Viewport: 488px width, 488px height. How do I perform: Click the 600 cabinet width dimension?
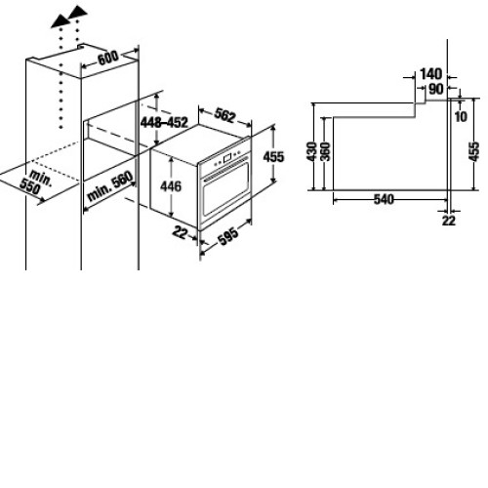pos(108,59)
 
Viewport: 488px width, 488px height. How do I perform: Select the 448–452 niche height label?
pos(164,122)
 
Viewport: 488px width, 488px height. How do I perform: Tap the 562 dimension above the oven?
pos(224,115)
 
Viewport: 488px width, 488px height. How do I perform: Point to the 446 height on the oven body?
pos(171,186)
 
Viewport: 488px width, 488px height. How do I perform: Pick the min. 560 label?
pos(110,185)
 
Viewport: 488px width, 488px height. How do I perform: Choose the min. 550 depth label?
pos(35,183)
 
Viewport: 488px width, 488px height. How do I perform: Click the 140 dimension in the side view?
pos(431,74)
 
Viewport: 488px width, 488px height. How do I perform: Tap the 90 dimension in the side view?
pos(436,89)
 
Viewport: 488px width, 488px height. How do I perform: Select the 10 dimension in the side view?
pos(461,116)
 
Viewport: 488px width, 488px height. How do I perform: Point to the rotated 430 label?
pos(311,151)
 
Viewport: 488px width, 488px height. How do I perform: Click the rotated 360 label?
pos(325,151)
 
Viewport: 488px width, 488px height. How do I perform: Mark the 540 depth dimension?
pos(384,199)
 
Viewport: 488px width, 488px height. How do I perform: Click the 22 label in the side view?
pos(449,221)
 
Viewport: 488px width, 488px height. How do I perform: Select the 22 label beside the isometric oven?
pos(181,233)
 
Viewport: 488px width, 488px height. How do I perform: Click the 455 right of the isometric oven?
pos(273,157)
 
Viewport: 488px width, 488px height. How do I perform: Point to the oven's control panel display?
pos(227,157)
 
